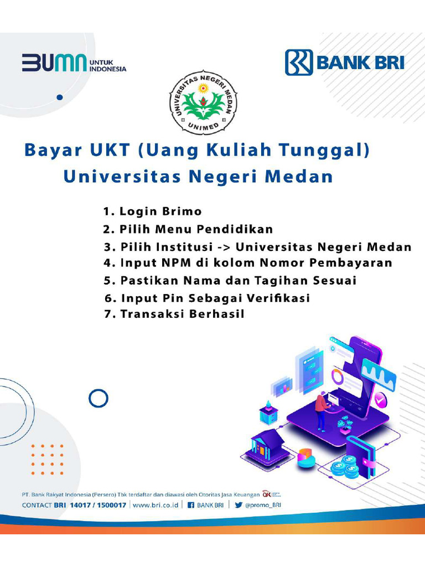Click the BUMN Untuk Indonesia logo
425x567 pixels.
(74, 63)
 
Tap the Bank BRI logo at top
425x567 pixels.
(344, 62)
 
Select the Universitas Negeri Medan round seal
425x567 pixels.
(203, 103)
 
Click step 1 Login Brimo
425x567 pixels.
(152, 212)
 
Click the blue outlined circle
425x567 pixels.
(99, 398)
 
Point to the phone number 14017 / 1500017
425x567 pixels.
(98, 505)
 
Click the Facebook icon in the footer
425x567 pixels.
(190, 505)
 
